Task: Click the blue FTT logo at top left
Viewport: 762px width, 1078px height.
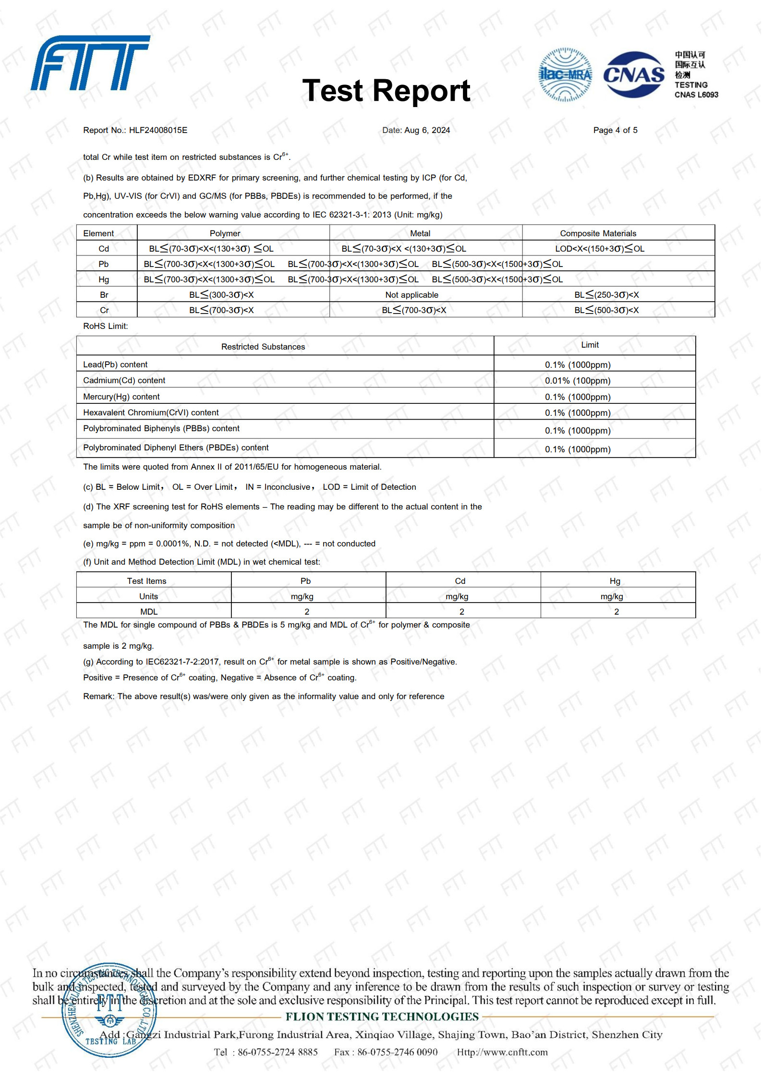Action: [90, 63]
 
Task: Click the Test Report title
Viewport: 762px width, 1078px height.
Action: [386, 91]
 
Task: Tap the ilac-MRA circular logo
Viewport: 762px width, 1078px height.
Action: [565, 75]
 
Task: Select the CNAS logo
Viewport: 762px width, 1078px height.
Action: [634, 75]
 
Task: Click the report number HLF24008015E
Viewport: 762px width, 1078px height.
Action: [158, 130]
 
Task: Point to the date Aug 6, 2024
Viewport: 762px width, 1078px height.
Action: [427, 130]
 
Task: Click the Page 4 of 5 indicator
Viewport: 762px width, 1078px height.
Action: [615, 130]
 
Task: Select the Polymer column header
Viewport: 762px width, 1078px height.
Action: [225, 233]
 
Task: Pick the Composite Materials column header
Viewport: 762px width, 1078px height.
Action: [598, 233]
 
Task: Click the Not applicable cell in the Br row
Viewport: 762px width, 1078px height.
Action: [411, 295]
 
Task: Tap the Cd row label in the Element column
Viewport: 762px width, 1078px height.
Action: [104, 249]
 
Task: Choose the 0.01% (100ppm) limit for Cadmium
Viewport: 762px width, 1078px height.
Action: [578, 381]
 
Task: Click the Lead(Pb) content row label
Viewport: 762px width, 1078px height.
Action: [115, 364]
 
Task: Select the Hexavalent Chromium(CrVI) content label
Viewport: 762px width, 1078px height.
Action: [151, 412]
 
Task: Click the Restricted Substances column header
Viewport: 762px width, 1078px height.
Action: [263, 347]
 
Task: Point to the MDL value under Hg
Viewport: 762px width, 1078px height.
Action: [617, 612]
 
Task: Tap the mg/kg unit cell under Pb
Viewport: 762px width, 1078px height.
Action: [302, 596]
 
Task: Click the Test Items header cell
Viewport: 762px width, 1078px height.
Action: [146, 581]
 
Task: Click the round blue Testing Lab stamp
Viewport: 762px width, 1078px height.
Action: [109, 1010]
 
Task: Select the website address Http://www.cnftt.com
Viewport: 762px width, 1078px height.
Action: [502, 1052]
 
